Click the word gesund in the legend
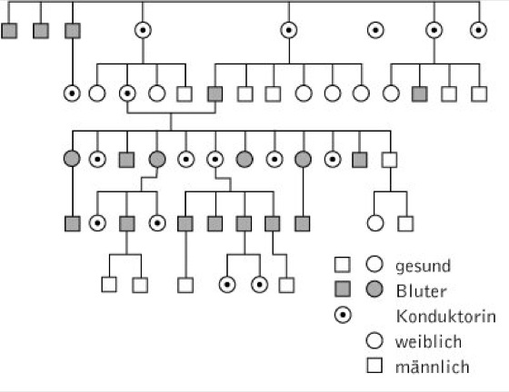(423, 266)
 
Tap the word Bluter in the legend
(422, 291)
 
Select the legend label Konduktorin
(446, 317)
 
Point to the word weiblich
(428, 342)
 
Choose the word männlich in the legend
(433, 367)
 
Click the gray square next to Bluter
(343, 289)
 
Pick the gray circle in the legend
(374, 289)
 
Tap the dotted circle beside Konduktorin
(343, 315)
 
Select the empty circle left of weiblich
(374, 340)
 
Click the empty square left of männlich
(374, 366)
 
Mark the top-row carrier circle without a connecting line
(375, 31)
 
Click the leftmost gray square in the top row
(9, 31)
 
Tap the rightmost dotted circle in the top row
(478, 31)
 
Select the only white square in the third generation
(390, 160)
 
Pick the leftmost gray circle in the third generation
(72, 159)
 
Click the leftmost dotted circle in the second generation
(72, 93)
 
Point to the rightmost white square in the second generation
(479, 94)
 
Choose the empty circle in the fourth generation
(375, 223)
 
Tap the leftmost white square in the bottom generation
(109, 285)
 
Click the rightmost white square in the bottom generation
(286, 285)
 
